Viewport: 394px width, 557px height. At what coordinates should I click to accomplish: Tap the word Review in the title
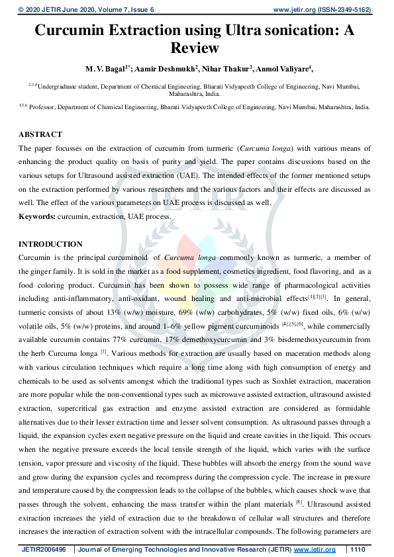tap(196, 48)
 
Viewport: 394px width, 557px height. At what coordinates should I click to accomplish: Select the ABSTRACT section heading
tap(40, 134)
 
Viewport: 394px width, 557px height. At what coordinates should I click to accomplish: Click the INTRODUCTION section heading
tap(50, 244)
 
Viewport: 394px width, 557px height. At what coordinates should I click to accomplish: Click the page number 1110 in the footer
tap(358, 550)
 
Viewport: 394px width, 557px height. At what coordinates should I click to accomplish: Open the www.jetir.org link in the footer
tap(315, 550)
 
